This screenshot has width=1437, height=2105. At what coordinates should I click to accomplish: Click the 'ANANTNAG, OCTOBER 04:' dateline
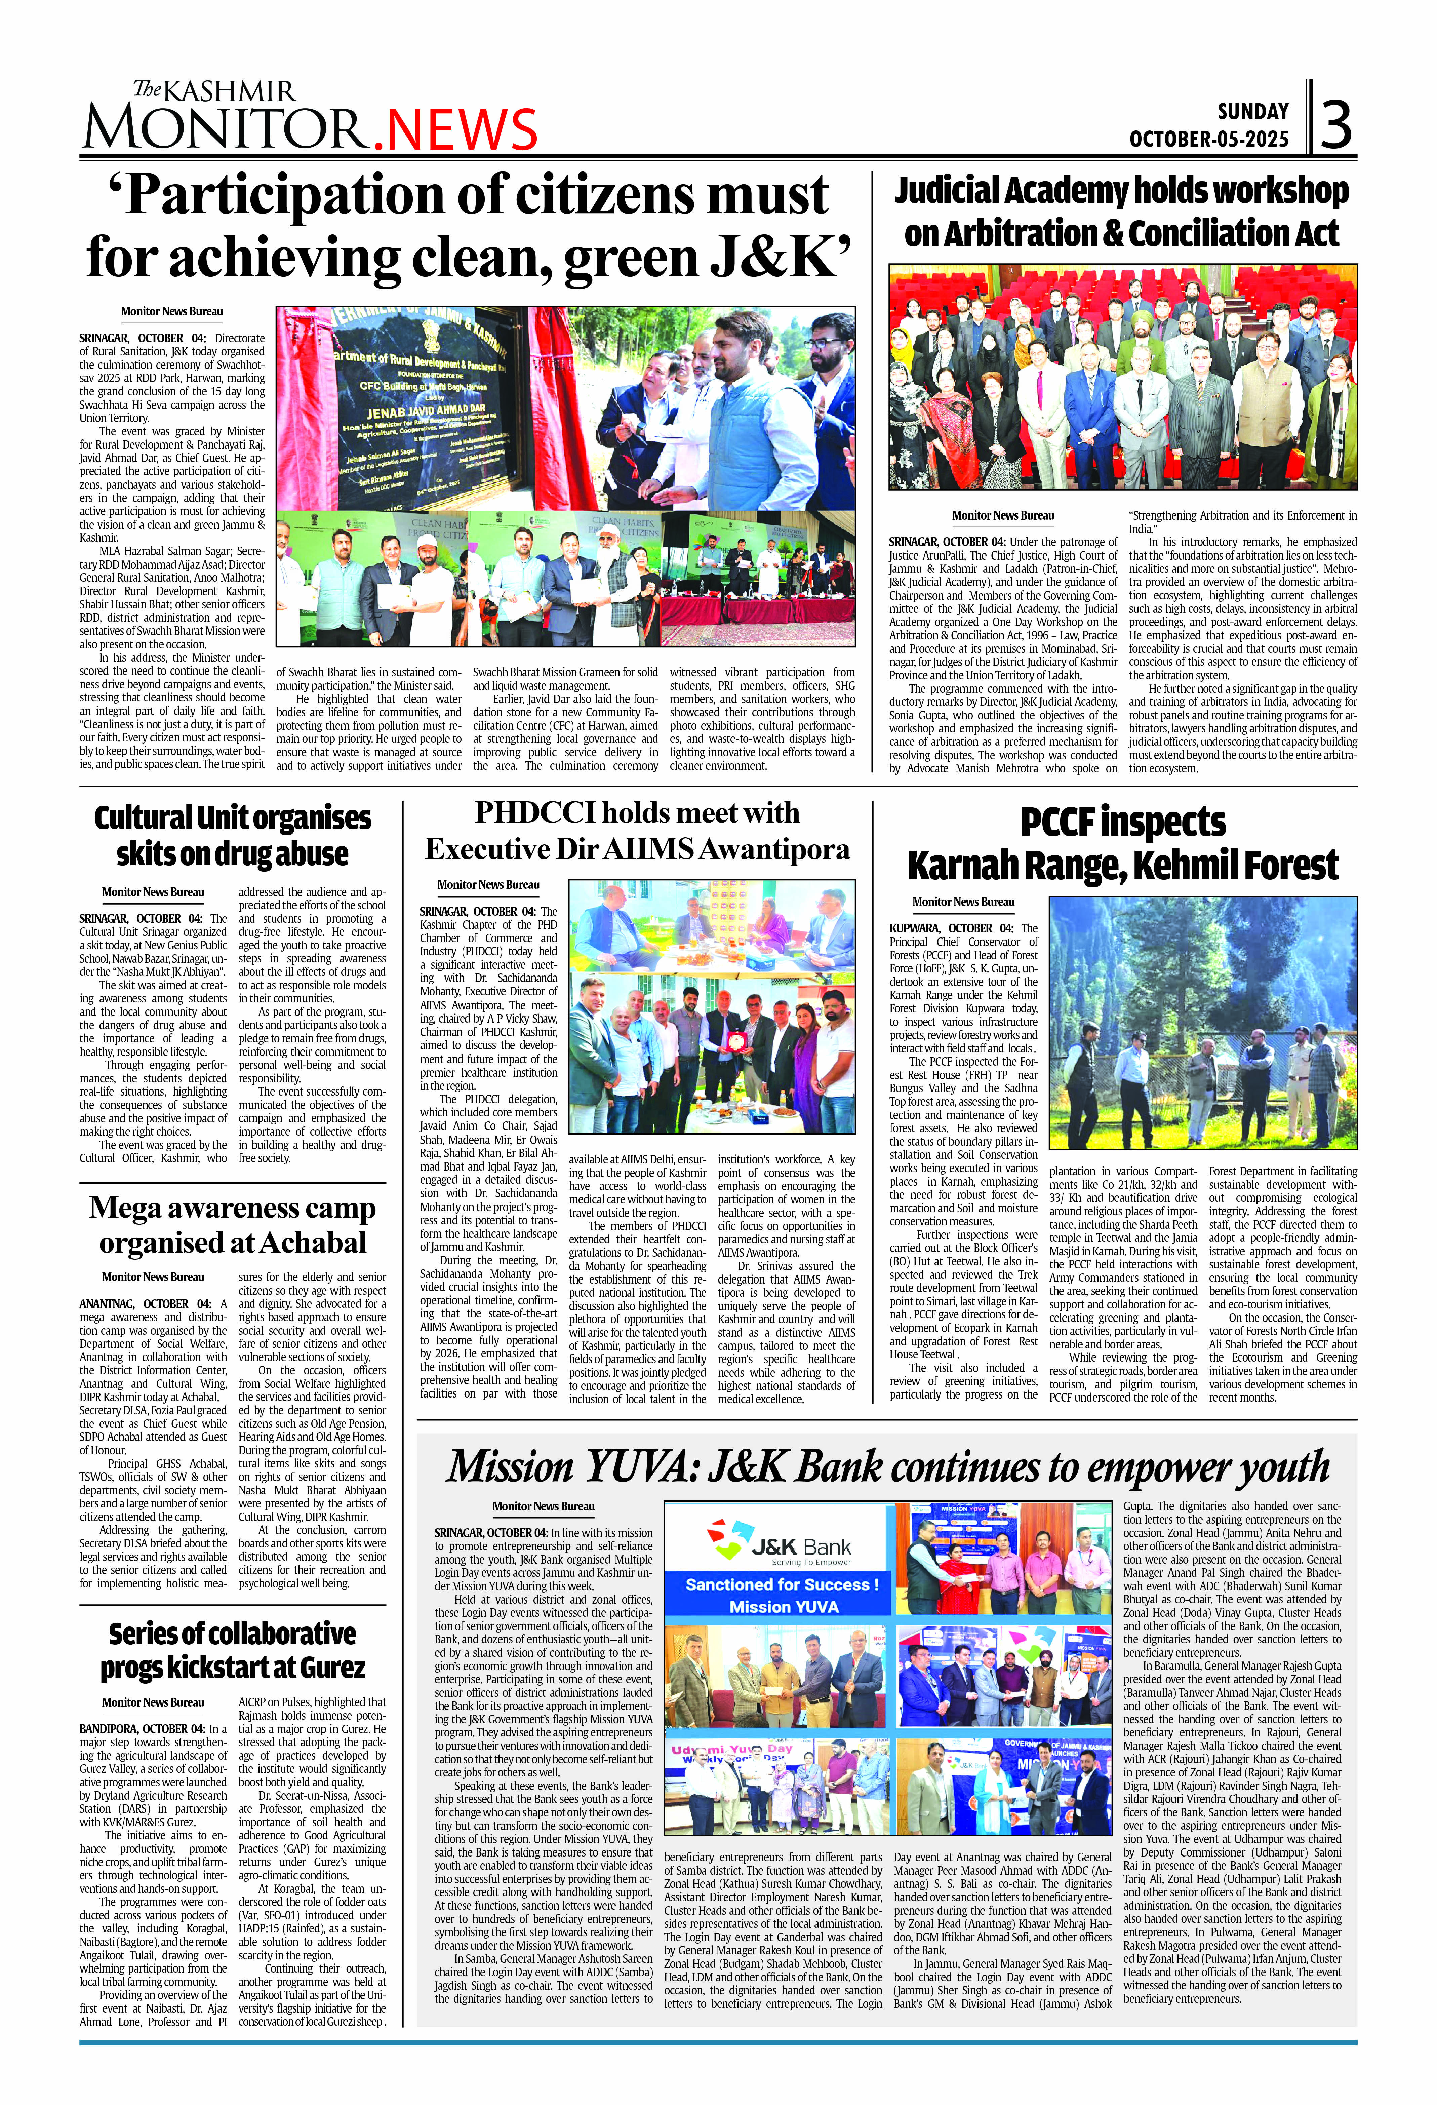(145, 1303)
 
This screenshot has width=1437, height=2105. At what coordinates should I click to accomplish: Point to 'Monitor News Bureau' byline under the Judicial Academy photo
(1002, 515)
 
